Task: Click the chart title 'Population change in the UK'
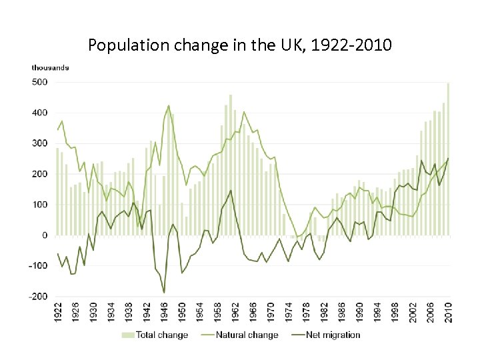point(240,46)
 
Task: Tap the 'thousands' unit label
point(50,67)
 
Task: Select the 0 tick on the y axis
point(44,235)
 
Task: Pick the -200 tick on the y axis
point(37,296)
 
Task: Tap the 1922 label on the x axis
point(58,313)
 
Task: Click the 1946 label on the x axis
point(165,313)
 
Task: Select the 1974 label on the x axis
point(289,313)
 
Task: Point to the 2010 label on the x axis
point(449,313)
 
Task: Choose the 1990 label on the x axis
point(360,313)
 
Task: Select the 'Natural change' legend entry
point(246,335)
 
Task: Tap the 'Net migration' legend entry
point(332,335)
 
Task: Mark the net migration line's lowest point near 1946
point(164,292)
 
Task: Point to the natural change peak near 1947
point(169,105)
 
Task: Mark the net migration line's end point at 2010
point(448,159)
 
